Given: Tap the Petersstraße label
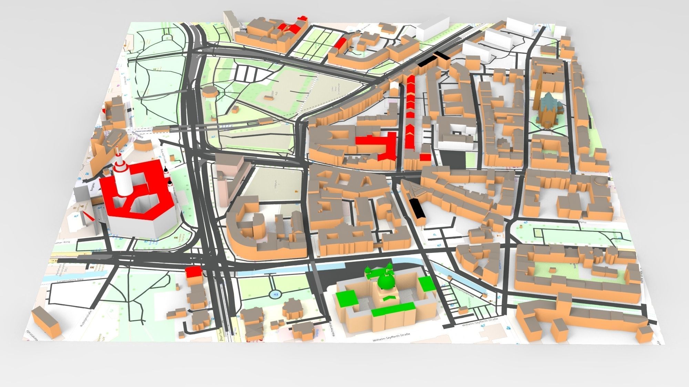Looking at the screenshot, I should click(x=141, y=131).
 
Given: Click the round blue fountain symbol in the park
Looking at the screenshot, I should click(x=275, y=294).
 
